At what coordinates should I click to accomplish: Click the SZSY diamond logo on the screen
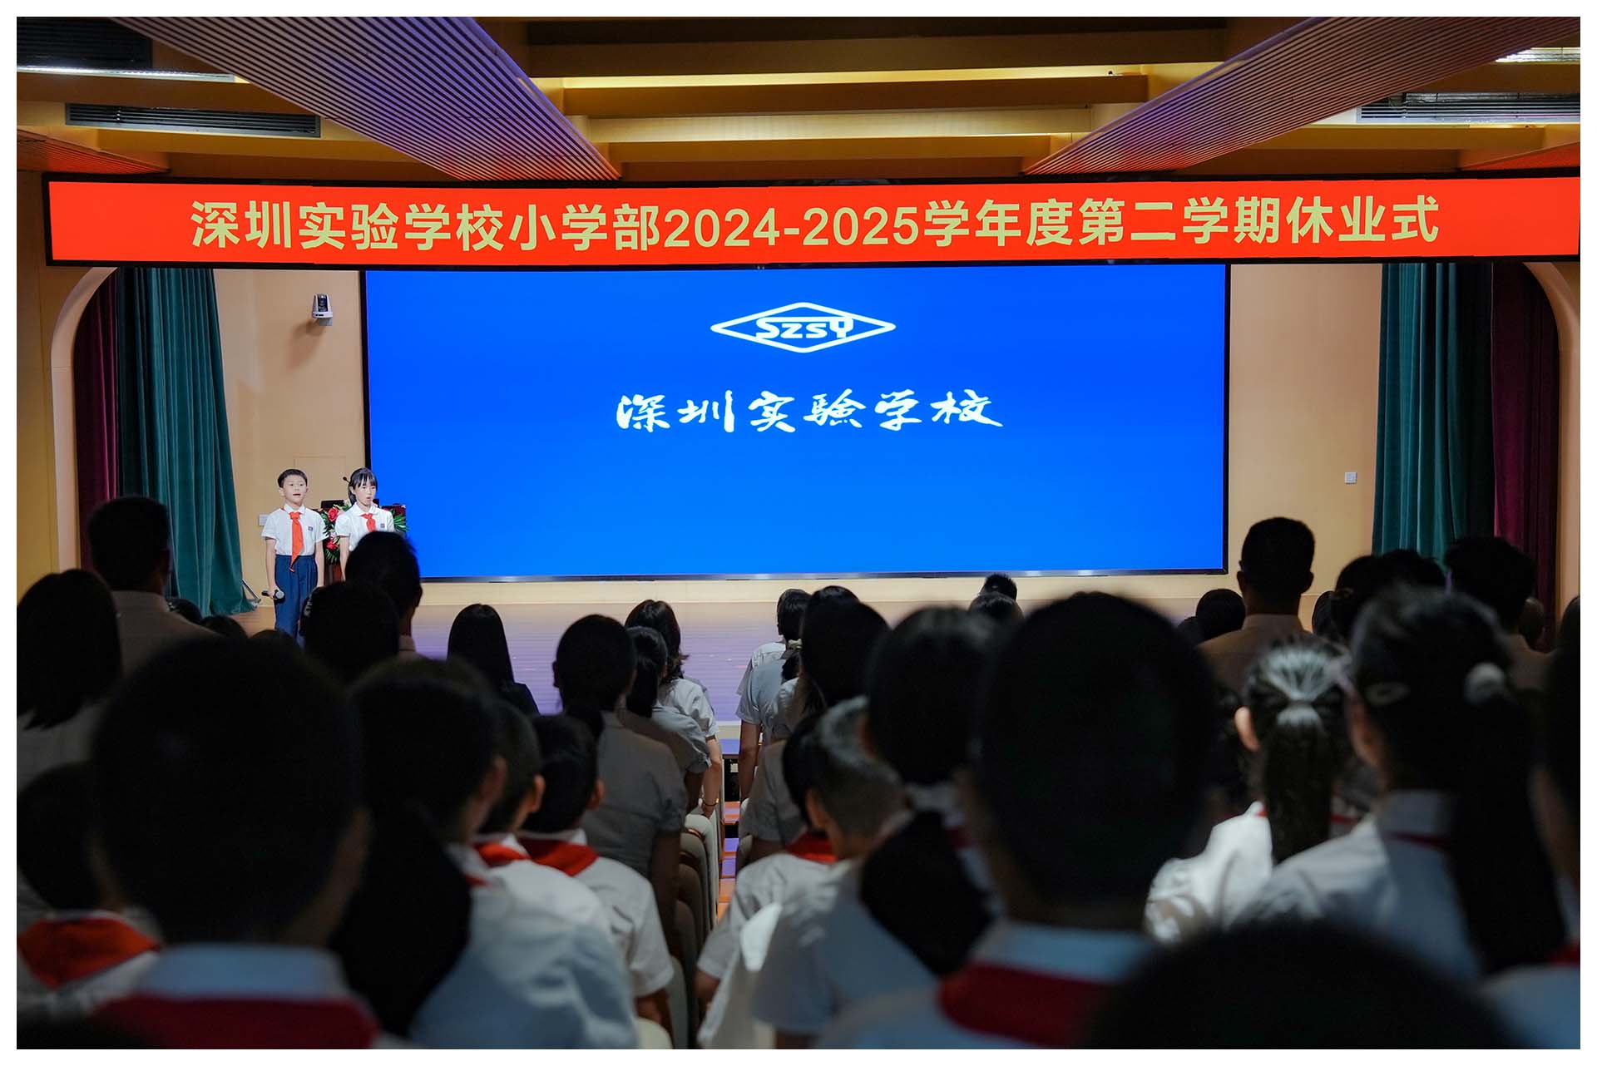tap(803, 328)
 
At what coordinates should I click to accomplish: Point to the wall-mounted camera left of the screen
tap(321, 307)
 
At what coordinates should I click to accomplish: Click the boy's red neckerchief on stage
tap(295, 532)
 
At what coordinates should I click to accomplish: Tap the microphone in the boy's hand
tap(273, 595)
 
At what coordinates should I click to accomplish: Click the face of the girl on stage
tap(363, 491)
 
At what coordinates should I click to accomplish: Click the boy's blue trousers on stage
tap(294, 595)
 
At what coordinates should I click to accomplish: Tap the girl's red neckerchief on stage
tap(368, 521)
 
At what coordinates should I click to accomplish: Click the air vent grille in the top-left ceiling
tap(192, 121)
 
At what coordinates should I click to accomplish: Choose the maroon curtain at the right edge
tap(1526, 416)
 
